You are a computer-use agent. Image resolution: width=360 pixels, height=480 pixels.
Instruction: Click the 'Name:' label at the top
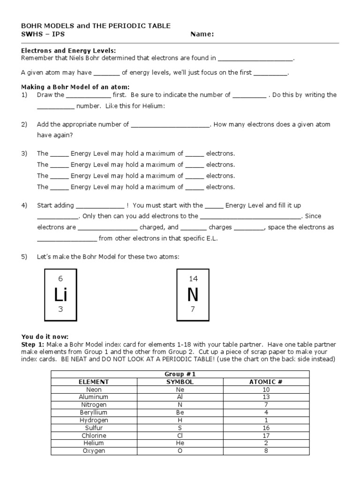click(202, 34)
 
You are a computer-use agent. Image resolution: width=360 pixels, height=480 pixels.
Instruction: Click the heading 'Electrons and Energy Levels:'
click(69, 51)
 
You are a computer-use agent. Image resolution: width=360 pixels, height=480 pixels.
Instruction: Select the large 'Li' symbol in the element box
click(60, 294)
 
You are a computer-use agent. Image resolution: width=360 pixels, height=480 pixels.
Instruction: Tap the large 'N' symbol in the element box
click(193, 294)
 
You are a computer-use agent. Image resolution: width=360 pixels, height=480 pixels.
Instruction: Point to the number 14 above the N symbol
click(193, 278)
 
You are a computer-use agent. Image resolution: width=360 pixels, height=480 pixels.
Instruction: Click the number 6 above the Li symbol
click(60, 278)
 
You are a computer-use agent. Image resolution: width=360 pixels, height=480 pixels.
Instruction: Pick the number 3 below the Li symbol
click(60, 310)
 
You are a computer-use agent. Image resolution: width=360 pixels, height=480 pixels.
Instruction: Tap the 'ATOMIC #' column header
click(266, 382)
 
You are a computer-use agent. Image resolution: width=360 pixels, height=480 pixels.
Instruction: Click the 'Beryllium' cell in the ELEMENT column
click(94, 412)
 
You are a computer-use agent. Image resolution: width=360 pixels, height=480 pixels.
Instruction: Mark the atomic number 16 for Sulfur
click(266, 428)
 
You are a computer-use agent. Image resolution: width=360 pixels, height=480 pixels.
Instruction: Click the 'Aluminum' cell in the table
click(94, 397)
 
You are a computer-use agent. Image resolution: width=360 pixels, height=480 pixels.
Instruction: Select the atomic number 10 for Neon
click(266, 390)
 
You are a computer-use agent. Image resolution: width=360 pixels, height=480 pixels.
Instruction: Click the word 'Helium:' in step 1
click(154, 106)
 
